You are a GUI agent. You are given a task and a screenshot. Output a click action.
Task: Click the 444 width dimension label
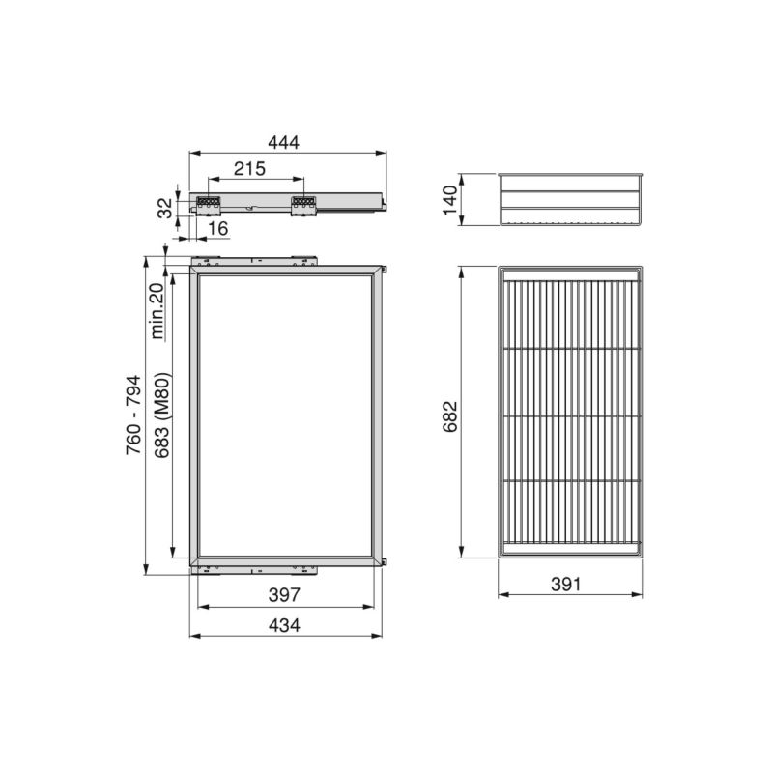(x=283, y=141)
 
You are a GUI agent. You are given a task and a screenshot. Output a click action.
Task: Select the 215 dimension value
(x=249, y=169)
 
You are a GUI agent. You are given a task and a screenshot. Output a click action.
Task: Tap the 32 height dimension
(x=164, y=206)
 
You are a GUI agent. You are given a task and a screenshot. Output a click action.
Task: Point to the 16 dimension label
(x=217, y=228)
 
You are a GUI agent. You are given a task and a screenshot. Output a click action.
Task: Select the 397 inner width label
(x=284, y=595)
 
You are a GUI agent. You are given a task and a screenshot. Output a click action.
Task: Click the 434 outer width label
(x=284, y=624)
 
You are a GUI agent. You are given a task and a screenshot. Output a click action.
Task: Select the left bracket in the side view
(x=210, y=203)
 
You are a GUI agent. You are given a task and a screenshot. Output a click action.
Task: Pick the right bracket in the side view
(x=303, y=203)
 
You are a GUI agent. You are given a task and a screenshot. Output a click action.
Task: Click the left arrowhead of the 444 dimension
(x=191, y=152)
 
